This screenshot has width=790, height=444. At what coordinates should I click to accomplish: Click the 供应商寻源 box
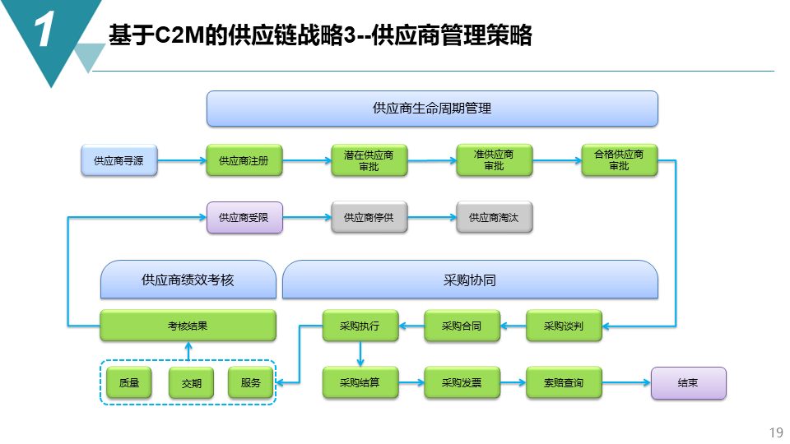point(118,160)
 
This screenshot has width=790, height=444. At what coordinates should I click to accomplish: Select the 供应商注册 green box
point(244,160)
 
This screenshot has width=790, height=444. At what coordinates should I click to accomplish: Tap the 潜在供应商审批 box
point(369,160)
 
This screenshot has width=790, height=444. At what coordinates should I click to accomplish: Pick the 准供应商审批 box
point(494,160)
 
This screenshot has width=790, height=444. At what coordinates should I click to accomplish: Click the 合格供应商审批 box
point(619,160)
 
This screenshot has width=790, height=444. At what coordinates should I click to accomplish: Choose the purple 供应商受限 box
point(244,218)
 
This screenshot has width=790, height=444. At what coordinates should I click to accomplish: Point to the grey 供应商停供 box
point(369,218)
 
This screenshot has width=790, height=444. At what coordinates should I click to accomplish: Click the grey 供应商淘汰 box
point(494,218)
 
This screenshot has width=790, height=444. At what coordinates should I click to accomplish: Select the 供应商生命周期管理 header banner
point(432,109)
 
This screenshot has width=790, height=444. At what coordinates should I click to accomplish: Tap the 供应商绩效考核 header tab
point(188,280)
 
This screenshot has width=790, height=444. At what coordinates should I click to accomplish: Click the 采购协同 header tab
point(470,280)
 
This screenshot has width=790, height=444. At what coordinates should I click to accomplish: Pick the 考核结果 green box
point(188,326)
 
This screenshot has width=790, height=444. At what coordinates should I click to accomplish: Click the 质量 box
point(129,383)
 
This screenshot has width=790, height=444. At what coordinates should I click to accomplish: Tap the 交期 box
point(191,383)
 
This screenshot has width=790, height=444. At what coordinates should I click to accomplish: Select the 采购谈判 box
point(564,326)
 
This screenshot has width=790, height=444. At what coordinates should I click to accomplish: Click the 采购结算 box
point(360,383)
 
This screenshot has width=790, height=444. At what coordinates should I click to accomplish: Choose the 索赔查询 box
point(564,383)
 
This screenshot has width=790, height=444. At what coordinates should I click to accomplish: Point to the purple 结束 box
point(688,383)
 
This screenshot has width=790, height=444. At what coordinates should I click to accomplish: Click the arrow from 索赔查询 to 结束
point(625,383)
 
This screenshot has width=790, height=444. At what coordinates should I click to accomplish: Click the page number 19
point(774,432)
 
